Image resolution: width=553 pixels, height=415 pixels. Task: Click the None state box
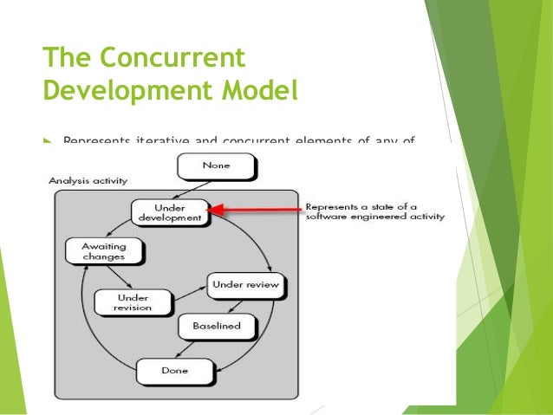click(x=215, y=165)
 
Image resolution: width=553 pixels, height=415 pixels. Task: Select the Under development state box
click(x=170, y=213)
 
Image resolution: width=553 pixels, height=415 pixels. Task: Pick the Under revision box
click(x=133, y=302)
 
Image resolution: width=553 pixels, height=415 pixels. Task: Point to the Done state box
click(x=174, y=371)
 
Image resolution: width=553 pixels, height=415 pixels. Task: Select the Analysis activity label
click(x=88, y=181)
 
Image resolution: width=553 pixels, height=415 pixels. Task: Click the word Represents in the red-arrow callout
click(x=330, y=206)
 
